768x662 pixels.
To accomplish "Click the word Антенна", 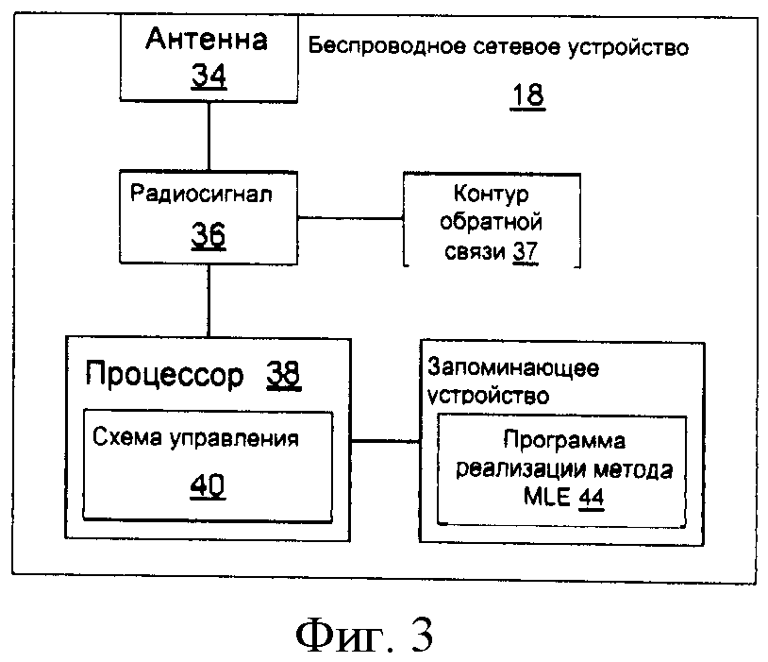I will (x=206, y=40).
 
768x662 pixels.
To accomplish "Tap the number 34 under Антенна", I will (x=209, y=76).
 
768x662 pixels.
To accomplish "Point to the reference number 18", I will (x=527, y=95).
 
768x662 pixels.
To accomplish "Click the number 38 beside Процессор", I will (x=282, y=375).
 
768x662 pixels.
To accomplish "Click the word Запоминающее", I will (x=514, y=366).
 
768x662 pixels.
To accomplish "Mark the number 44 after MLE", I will (x=592, y=498).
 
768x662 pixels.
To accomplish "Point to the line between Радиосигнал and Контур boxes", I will (x=350, y=218).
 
